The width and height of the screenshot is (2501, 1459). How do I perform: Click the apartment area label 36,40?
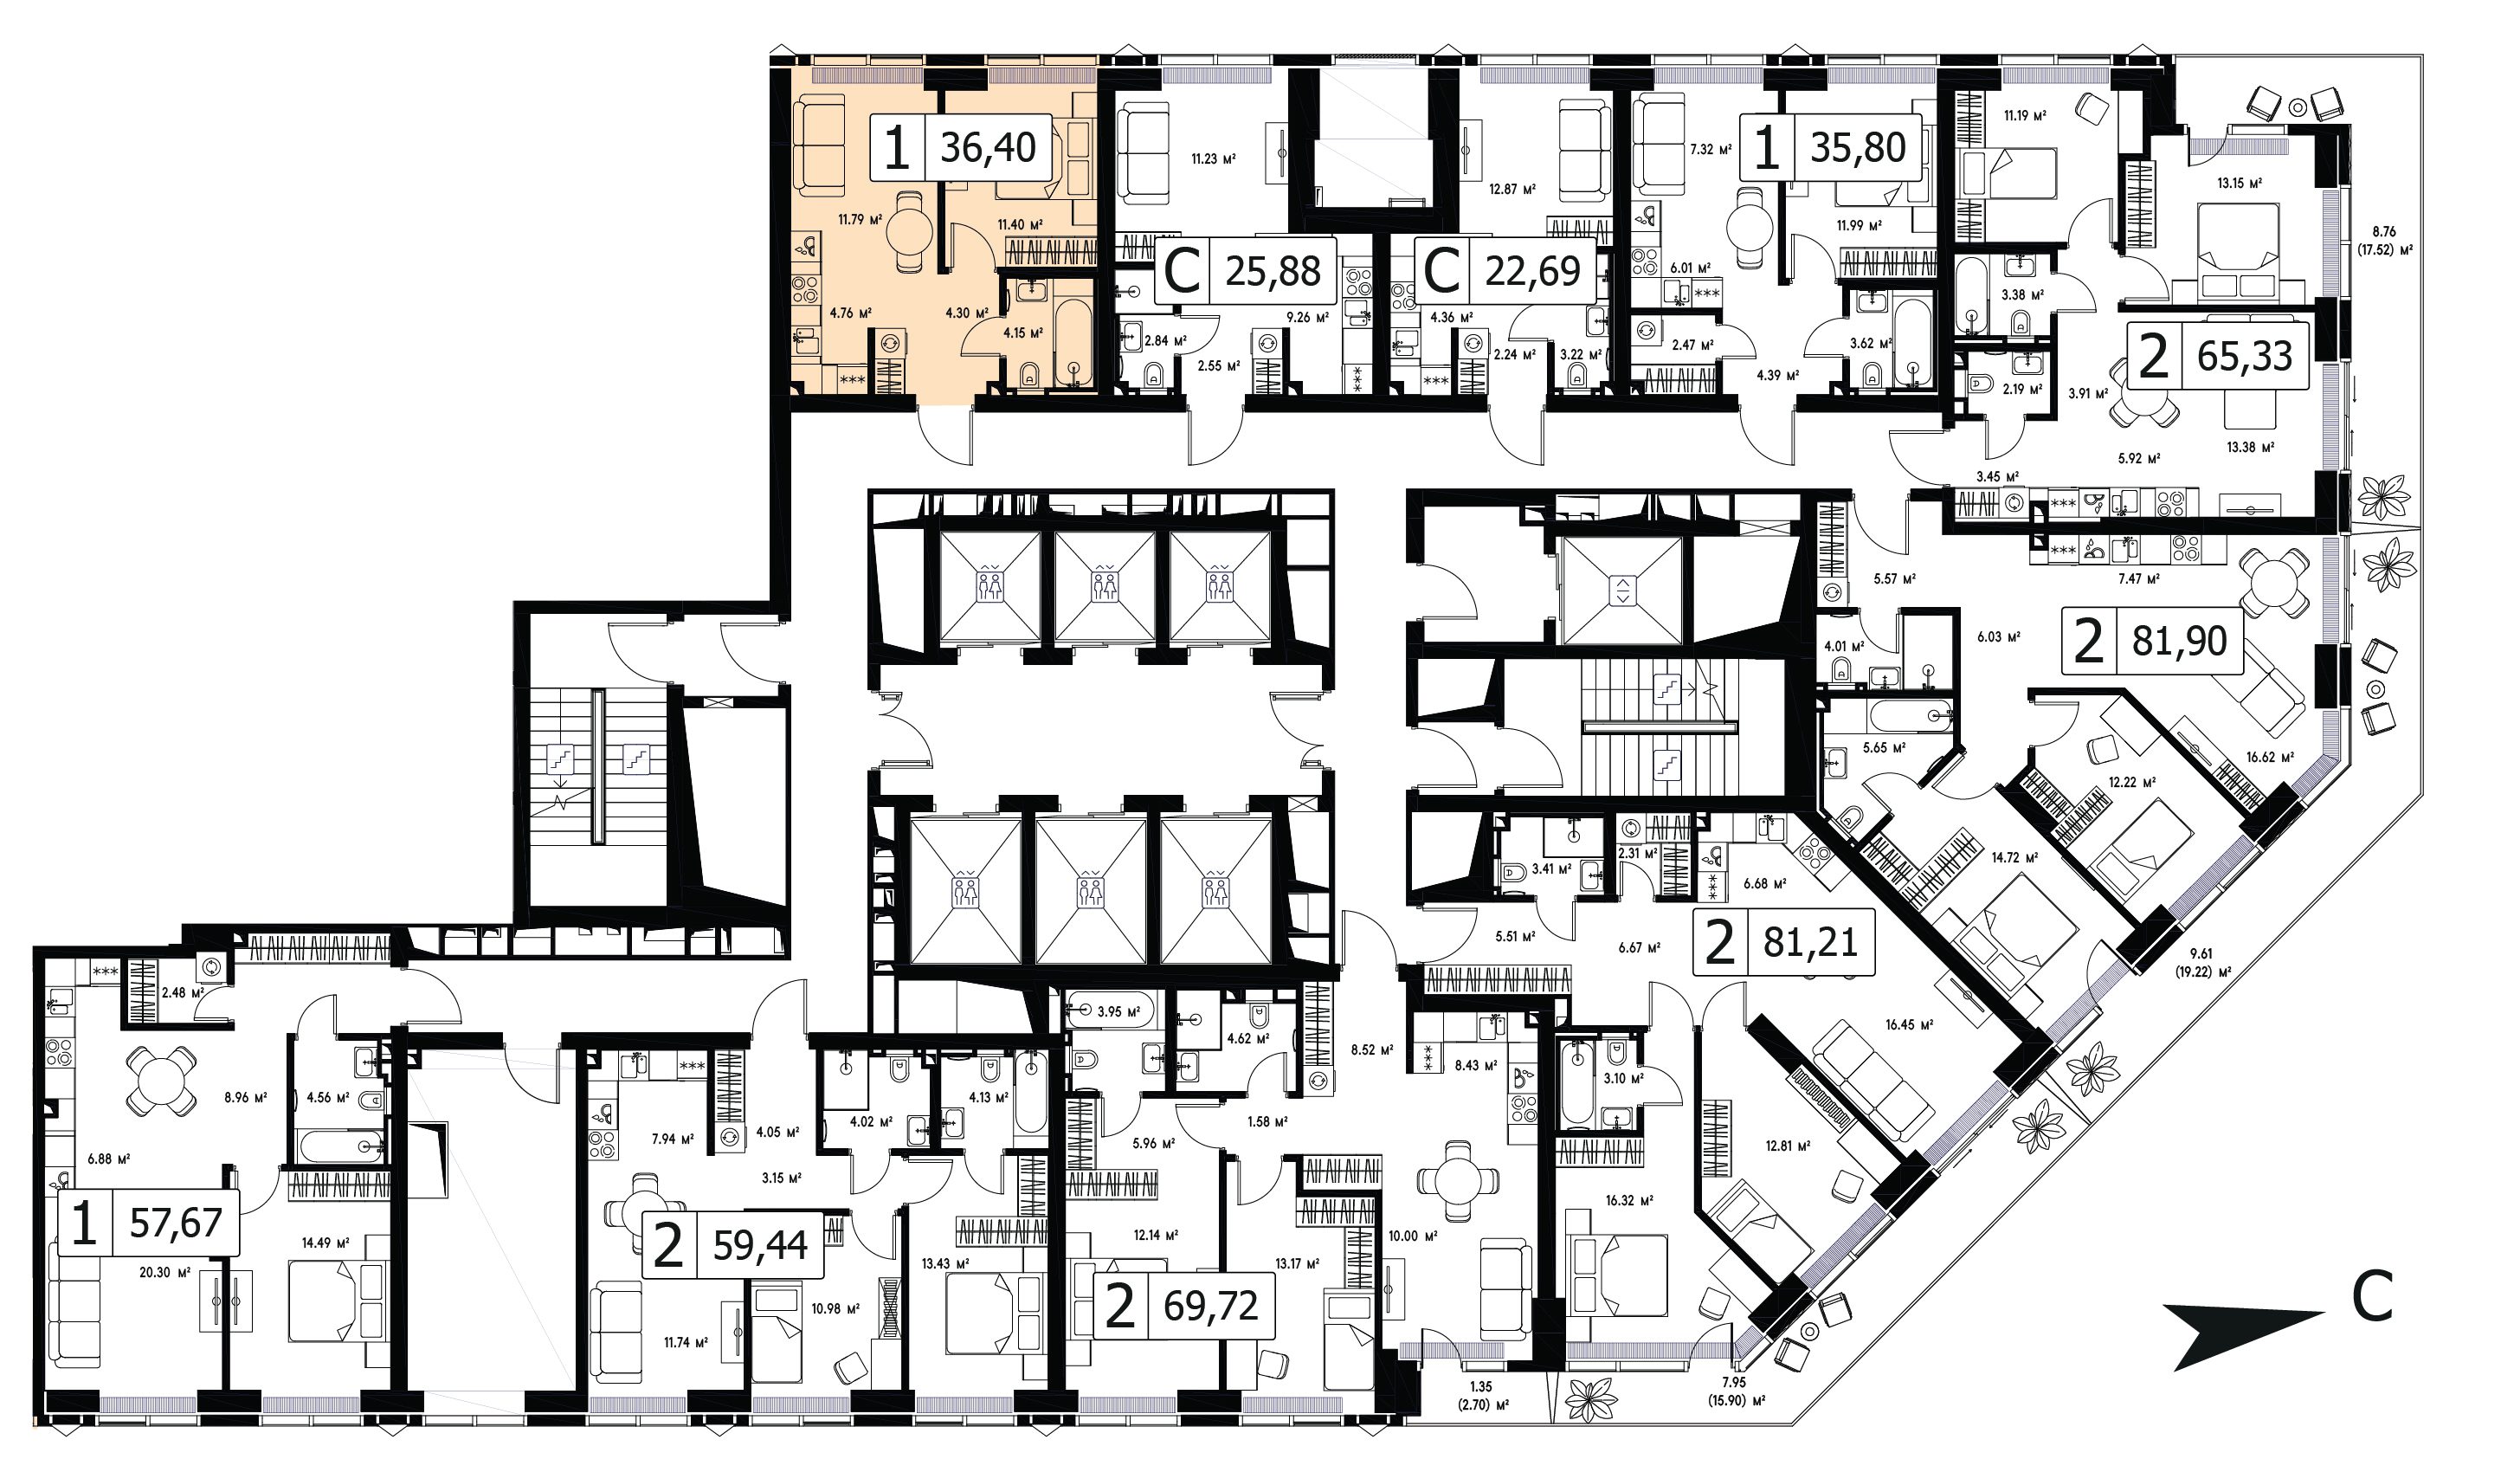coord(989,148)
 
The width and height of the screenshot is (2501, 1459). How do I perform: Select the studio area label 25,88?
coord(1273,271)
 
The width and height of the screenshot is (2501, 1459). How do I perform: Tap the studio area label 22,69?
coord(1532,271)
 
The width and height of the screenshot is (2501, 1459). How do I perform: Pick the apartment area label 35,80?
coord(1858,148)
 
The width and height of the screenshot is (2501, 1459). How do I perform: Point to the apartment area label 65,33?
coord(2245,355)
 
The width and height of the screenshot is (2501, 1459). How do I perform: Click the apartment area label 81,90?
coord(2180,641)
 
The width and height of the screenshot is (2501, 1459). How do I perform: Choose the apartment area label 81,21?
coord(1810,942)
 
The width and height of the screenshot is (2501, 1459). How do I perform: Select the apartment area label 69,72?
coord(1211,1306)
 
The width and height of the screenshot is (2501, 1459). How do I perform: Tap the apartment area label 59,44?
coord(760,1244)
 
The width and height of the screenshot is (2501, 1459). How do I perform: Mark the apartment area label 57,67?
coord(176,1223)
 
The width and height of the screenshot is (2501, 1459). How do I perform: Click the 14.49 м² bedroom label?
coord(326,1243)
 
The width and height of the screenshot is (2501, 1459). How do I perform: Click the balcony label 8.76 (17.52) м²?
coord(2383,240)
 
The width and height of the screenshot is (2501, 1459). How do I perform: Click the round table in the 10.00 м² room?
coord(1457,1181)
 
